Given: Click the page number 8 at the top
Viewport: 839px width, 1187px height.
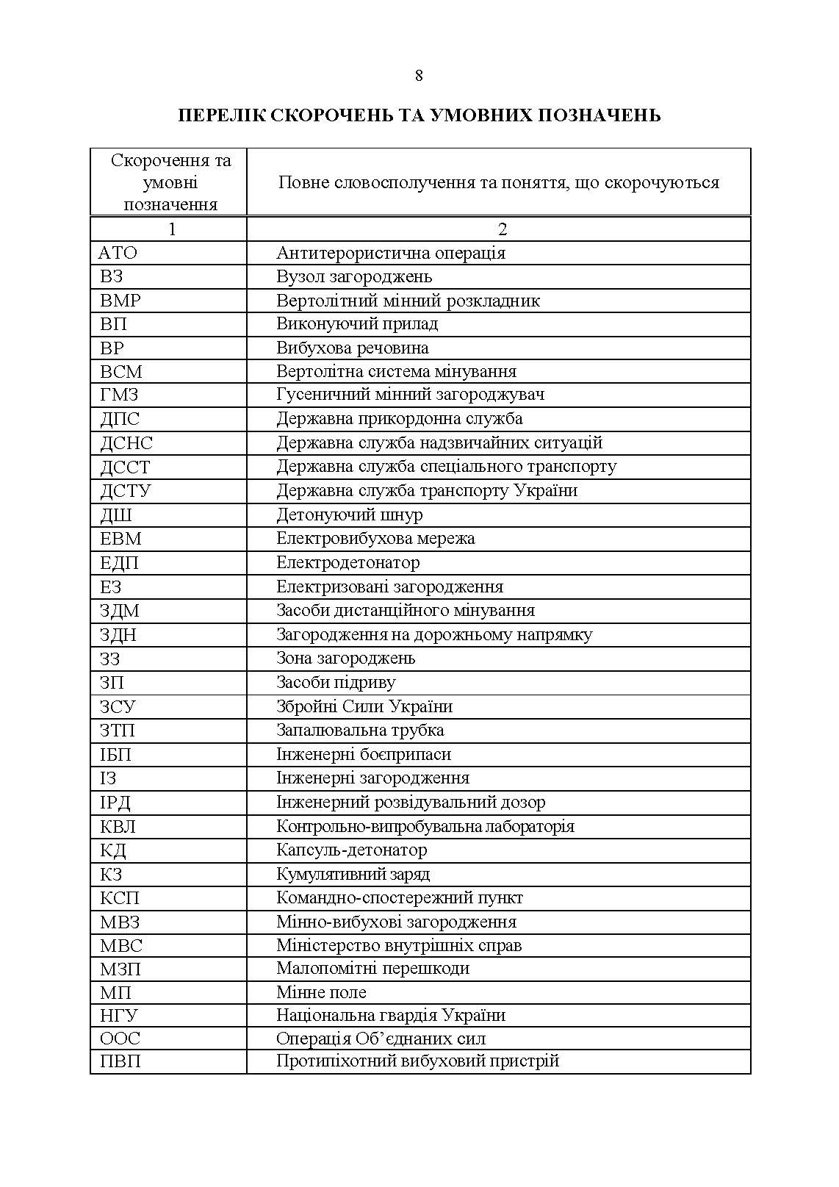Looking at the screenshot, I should [x=419, y=76].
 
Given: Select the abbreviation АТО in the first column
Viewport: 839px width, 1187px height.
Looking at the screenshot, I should [x=118, y=253].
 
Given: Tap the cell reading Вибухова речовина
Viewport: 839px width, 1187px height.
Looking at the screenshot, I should [x=352, y=348].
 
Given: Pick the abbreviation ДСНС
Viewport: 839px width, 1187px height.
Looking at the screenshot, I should [x=126, y=443].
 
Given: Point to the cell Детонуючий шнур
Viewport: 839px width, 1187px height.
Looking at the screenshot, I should [x=349, y=514].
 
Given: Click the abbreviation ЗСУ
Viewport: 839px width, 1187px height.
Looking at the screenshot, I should [x=118, y=706].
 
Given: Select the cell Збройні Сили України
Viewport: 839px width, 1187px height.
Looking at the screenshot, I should [x=364, y=706].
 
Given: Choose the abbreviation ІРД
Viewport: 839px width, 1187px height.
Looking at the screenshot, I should [x=115, y=802].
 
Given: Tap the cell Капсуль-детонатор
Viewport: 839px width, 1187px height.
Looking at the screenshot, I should [x=351, y=850].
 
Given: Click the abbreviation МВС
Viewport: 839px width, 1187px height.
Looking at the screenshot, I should [x=121, y=945].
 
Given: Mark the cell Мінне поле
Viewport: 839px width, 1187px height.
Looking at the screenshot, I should [x=321, y=992].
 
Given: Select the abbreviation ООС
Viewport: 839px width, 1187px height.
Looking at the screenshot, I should [x=120, y=1039].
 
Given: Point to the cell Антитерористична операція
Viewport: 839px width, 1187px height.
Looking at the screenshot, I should [x=391, y=253].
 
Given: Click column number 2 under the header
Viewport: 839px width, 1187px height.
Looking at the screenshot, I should [x=503, y=229].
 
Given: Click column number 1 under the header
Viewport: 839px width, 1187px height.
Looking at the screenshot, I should [x=172, y=229].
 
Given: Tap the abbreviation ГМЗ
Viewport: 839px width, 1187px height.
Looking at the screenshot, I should [x=119, y=395].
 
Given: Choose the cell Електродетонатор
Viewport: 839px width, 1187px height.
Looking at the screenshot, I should [x=348, y=562].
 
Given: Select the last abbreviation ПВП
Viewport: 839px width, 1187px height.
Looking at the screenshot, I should [x=120, y=1061].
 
